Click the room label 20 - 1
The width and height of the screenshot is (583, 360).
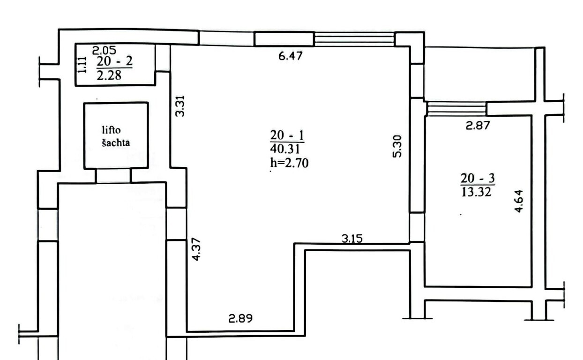[287, 135]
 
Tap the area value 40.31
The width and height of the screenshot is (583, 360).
[285, 149]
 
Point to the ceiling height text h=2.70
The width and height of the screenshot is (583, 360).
[290, 163]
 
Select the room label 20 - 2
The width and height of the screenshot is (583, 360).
[114, 61]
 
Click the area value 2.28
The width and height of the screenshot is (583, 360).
[109, 75]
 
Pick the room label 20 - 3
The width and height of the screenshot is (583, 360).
[478, 179]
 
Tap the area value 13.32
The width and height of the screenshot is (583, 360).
[476, 192]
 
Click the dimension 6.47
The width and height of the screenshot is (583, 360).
[291, 56]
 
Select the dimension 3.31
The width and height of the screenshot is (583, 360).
[180, 106]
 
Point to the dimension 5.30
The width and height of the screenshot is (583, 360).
[397, 146]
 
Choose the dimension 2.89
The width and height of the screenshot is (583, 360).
[240, 319]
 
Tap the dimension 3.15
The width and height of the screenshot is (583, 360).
[352, 239]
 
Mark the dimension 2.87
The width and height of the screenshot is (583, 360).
[478, 126]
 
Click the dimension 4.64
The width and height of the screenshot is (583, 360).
[519, 201]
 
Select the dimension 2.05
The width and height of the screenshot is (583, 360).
[104, 50]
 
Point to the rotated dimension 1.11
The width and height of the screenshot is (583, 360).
[82, 65]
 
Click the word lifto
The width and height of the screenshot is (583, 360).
[111, 130]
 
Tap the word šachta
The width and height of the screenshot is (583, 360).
[116, 142]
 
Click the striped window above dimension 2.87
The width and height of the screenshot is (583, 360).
[457, 109]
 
